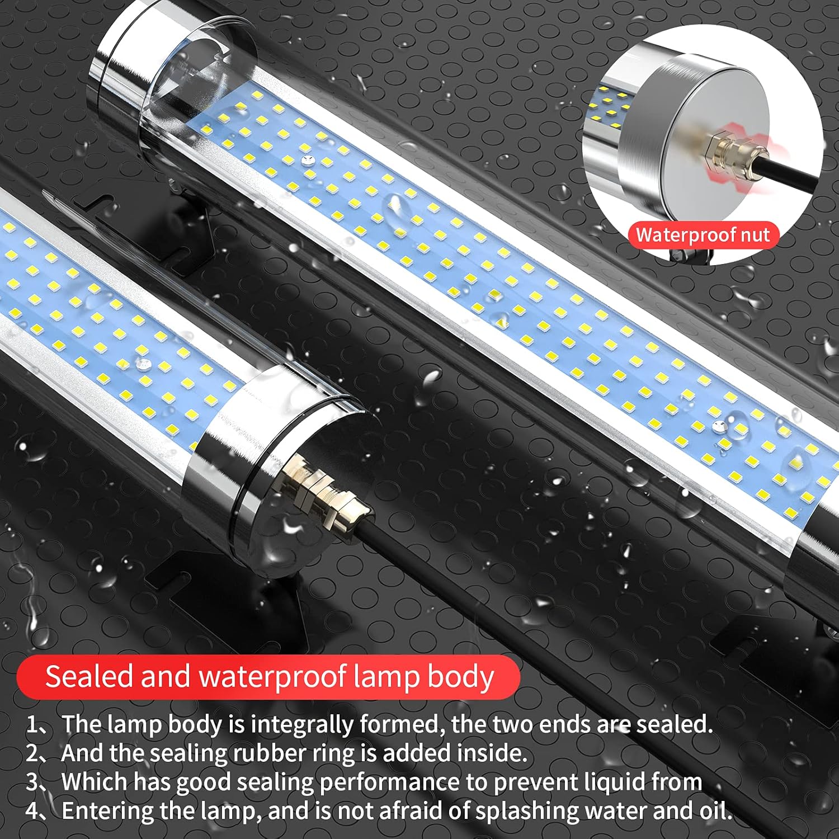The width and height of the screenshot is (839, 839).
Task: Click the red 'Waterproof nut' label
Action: [x=703, y=235]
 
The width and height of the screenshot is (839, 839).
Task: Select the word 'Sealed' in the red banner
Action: [x=88, y=676]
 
